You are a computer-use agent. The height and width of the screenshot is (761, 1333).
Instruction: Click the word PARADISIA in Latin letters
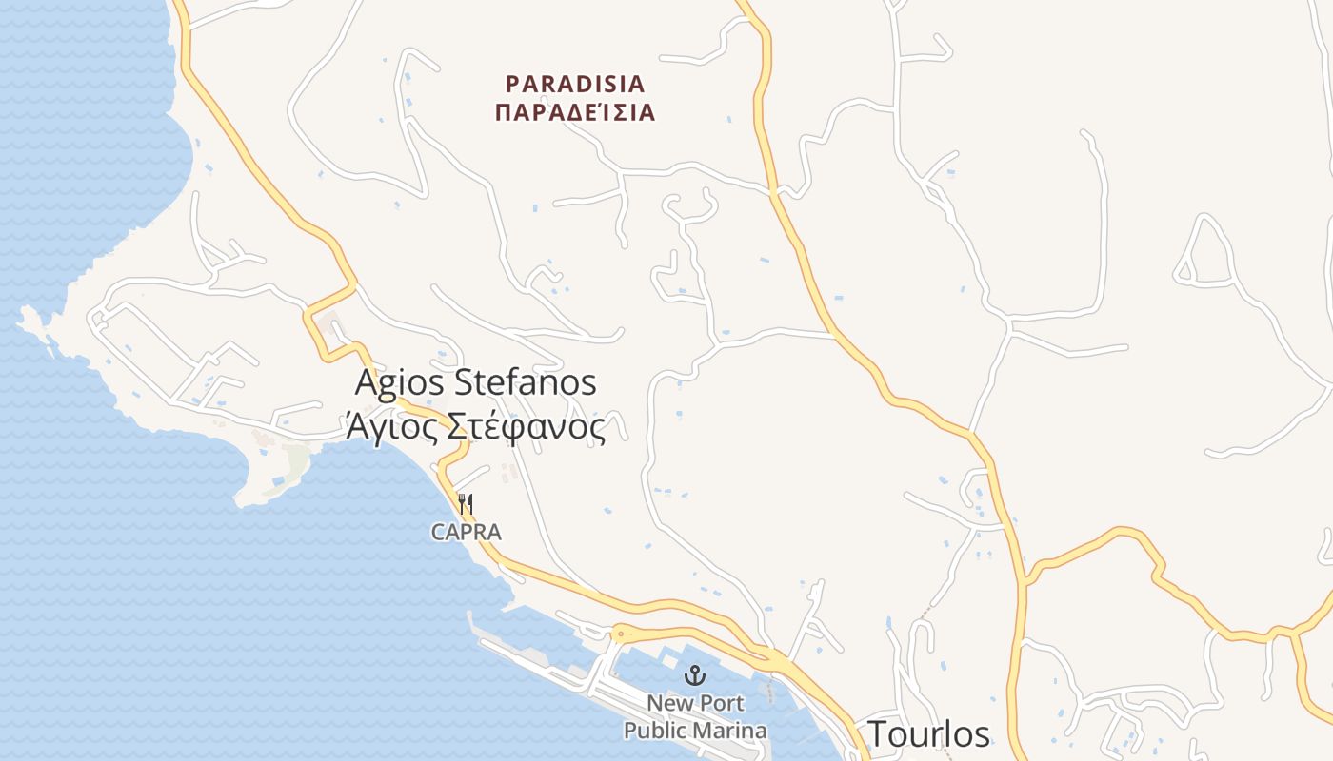[575, 84]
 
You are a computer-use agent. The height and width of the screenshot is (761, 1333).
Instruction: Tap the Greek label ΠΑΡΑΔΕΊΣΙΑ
[575, 113]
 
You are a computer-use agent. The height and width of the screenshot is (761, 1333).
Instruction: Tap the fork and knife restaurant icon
[466, 503]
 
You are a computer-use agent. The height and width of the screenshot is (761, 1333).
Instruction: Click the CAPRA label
[466, 532]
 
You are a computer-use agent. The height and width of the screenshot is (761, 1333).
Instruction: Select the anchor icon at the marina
[695, 676]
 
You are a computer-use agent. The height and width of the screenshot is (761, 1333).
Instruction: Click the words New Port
[695, 704]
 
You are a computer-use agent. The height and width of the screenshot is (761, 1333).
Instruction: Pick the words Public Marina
[695, 731]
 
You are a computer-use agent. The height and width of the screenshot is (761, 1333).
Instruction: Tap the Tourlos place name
[928, 734]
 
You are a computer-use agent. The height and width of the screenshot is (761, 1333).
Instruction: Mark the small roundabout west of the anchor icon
[620, 633]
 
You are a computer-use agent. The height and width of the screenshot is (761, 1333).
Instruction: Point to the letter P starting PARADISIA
[512, 84]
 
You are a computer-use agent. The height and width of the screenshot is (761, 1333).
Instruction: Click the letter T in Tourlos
[877, 734]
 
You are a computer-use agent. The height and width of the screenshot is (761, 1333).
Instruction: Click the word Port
[724, 704]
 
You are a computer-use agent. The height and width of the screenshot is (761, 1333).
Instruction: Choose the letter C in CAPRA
[438, 532]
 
